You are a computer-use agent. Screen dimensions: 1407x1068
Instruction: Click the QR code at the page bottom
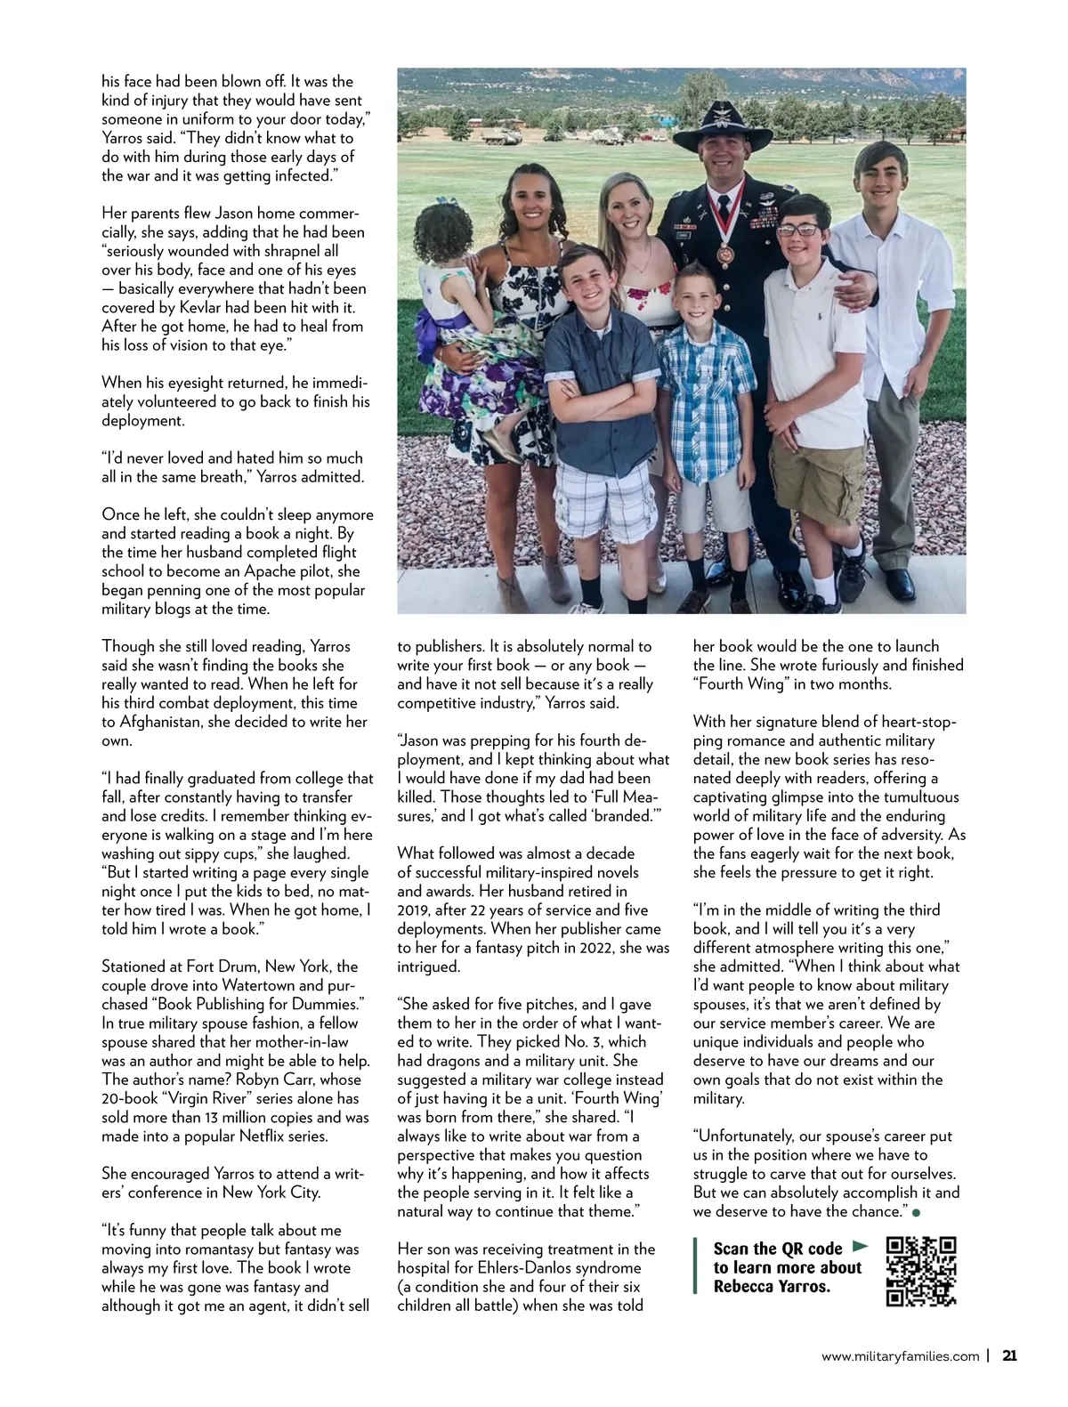tap(921, 1271)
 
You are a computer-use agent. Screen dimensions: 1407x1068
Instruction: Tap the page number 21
tap(1009, 1356)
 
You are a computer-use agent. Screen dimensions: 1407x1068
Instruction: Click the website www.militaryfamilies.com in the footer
tap(900, 1357)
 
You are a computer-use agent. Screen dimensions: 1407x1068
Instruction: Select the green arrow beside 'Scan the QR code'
tap(859, 1246)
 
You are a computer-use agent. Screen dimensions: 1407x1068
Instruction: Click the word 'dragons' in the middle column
tap(458, 1060)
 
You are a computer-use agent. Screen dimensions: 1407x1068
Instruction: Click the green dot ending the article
tap(915, 1212)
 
